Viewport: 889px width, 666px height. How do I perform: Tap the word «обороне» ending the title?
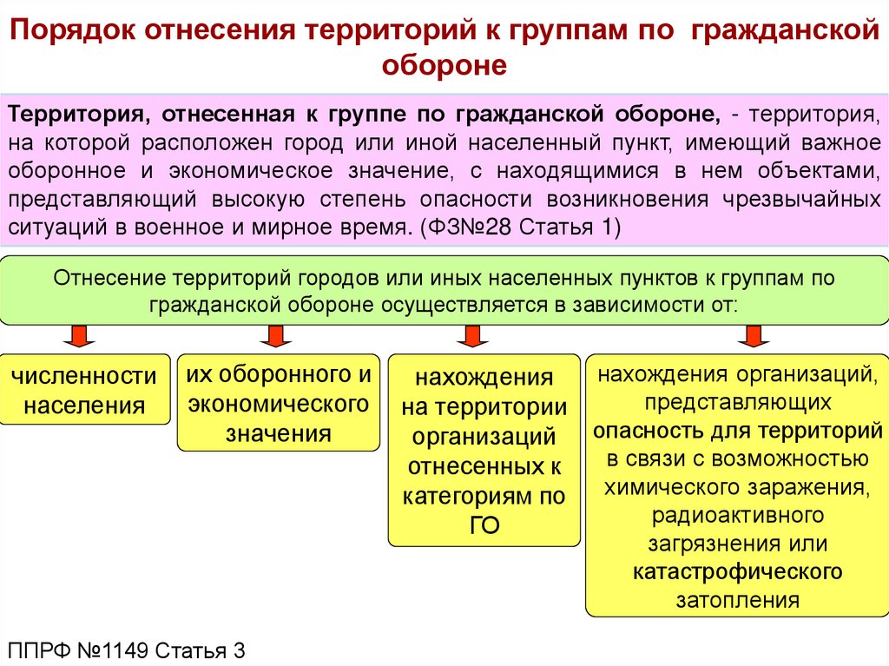[x=444, y=66]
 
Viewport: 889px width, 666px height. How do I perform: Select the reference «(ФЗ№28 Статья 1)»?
[x=520, y=227]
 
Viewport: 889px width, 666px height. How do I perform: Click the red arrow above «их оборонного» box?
[x=277, y=335]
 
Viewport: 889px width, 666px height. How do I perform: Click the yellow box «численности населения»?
[x=84, y=390]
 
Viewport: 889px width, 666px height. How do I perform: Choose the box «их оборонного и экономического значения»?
[x=279, y=404]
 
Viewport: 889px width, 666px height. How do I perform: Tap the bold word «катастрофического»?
[x=737, y=571]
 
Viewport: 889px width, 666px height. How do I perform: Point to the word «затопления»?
[x=737, y=599]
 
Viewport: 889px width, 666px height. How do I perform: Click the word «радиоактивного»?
[x=737, y=516]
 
